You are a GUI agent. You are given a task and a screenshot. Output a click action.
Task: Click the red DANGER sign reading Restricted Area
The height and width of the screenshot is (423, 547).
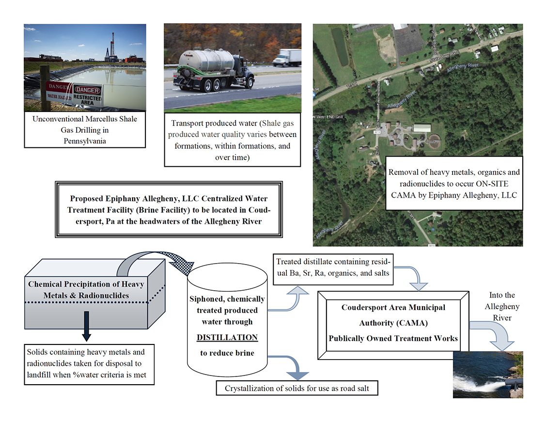(88, 94)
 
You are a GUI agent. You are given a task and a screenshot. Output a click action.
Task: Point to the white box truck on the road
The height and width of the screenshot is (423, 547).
(287, 58)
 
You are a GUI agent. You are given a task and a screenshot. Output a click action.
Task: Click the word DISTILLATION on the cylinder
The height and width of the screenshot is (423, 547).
(227, 337)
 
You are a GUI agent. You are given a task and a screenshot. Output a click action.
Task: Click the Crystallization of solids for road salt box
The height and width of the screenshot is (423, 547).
(296, 389)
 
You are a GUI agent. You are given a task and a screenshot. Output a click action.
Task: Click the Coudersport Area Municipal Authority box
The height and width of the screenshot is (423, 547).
(393, 323)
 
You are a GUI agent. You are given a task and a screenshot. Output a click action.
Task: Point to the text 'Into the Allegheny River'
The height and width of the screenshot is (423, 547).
(502, 306)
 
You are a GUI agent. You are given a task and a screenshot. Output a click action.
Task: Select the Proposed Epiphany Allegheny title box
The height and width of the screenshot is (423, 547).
(169, 210)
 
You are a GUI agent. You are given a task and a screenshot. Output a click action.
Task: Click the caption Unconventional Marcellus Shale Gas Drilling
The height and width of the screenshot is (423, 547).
(85, 130)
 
